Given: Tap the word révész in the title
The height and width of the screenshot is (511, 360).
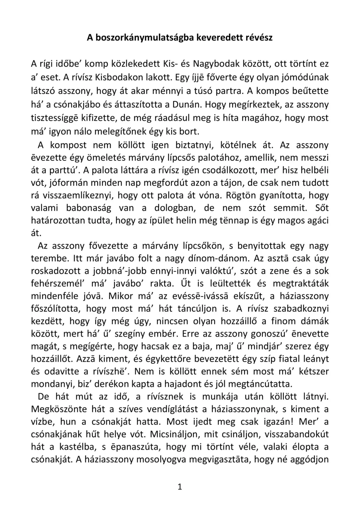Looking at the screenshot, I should tap(260, 37).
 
